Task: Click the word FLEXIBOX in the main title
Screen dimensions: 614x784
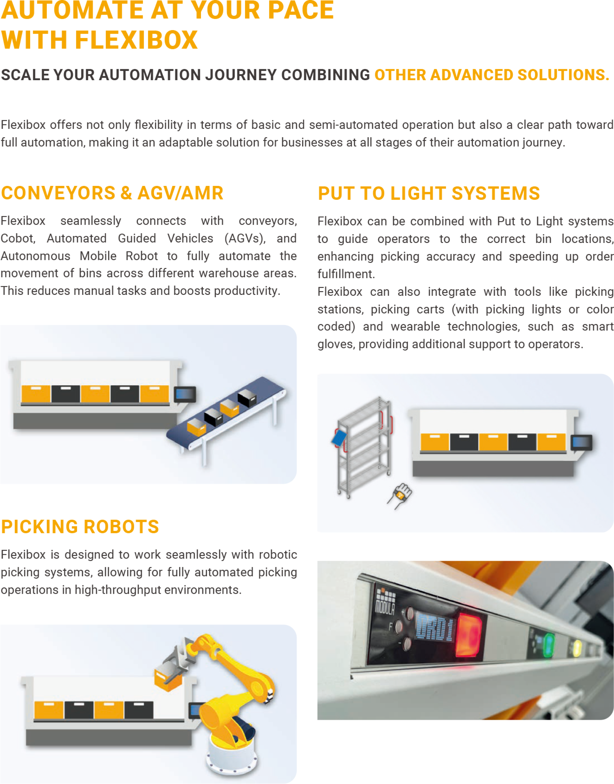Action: (x=136, y=40)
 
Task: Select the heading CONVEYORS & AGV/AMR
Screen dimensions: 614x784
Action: (x=112, y=193)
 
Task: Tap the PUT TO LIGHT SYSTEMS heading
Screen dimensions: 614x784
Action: (x=429, y=193)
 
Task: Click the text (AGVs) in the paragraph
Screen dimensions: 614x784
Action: (x=245, y=238)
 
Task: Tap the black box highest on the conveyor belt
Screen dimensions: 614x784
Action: (x=247, y=398)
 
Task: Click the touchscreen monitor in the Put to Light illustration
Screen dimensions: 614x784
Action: (x=581, y=443)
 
